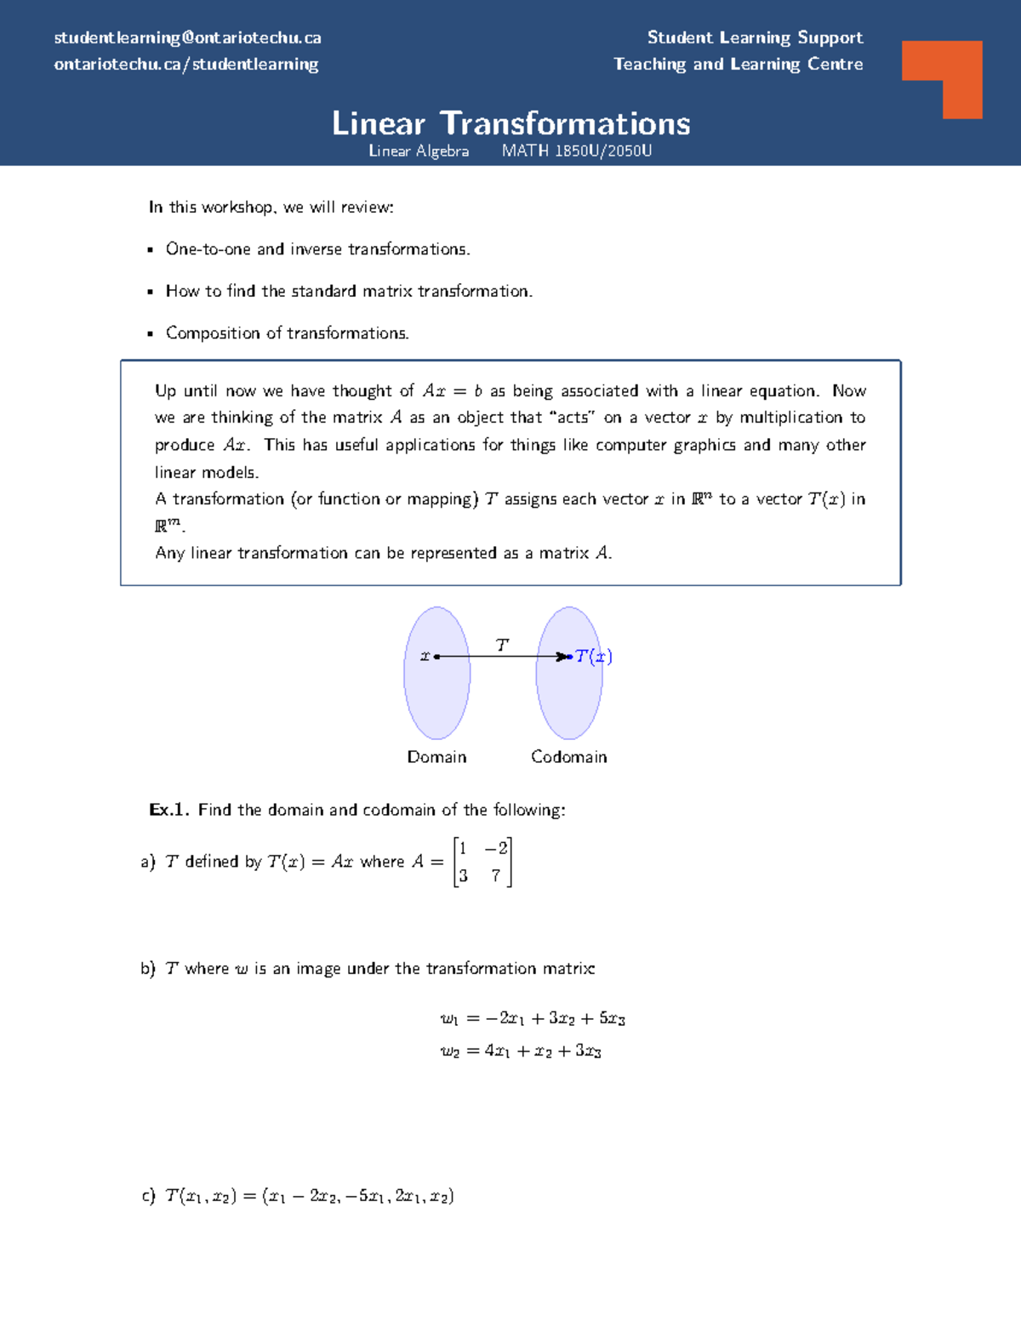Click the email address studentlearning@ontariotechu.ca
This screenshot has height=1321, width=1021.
pyautogui.click(x=187, y=37)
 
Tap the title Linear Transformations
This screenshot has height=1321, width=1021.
pyautogui.click(x=510, y=123)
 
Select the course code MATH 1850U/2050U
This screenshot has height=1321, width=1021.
pyautogui.click(x=577, y=151)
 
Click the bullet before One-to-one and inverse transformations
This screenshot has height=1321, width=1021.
pyautogui.click(x=151, y=250)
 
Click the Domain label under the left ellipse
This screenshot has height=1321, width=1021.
pyautogui.click(x=436, y=756)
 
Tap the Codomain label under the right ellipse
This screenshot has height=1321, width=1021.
pyautogui.click(x=568, y=756)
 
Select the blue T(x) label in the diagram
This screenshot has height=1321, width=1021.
pyautogui.click(x=593, y=656)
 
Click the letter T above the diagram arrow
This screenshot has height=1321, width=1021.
pyautogui.click(x=502, y=646)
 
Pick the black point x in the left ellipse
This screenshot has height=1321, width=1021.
pyautogui.click(x=436, y=657)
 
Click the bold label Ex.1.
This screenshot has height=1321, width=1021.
pyautogui.click(x=168, y=809)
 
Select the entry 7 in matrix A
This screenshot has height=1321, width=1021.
pyautogui.click(x=496, y=875)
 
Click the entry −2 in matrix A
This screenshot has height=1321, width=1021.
pyautogui.click(x=496, y=848)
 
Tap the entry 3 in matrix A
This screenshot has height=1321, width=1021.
pyautogui.click(x=464, y=875)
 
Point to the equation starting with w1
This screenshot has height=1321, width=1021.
pyautogui.click(x=533, y=1018)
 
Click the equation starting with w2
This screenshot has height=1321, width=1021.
pyautogui.click(x=521, y=1051)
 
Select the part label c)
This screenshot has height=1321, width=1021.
pyautogui.click(x=149, y=1195)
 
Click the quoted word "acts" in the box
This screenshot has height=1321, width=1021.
pyautogui.click(x=573, y=417)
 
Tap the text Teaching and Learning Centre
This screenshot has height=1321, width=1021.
pyautogui.click(x=738, y=64)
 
